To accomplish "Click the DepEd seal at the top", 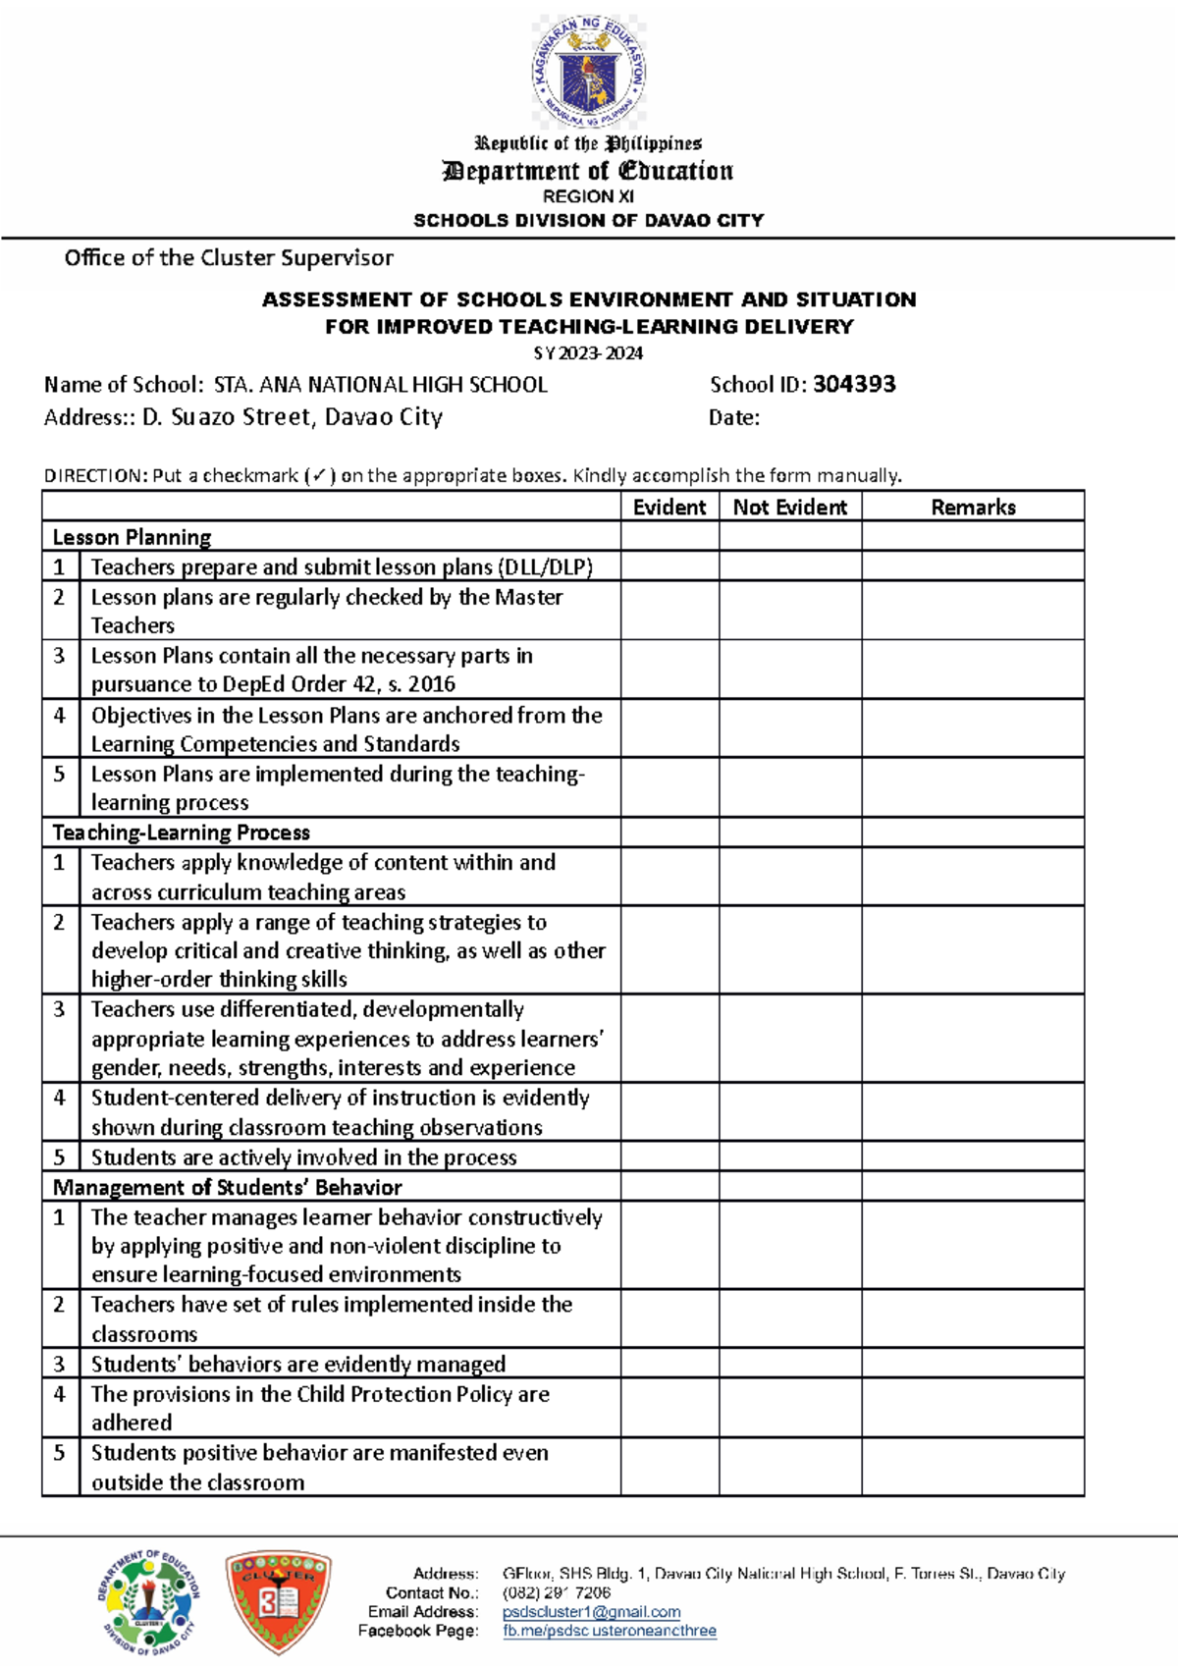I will pyautogui.click(x=589, y=71).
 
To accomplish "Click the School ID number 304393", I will pyautogui.click(x=854, y=385).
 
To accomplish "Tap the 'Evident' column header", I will pyautogui.click(x=669, y=507).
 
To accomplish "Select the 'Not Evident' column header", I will pyautogui.click(x=790, y=507).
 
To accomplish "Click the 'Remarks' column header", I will pyautogui.click(x=973, y=507).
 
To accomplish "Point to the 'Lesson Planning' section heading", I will pyautogui.click(x=133, y=537).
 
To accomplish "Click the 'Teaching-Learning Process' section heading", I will pyautogui.click(x=182, y=833).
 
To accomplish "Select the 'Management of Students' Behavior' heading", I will pyautogui.click(x=228, y=1187).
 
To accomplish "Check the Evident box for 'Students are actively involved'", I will pyautogui.click(x=669, y=1156).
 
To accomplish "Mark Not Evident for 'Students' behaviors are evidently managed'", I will pyautogui.click(x=790, y=1364).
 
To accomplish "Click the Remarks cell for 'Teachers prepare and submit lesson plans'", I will pyautogui.click(x=973, y=566).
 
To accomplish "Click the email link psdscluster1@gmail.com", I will pyautogui.click(x=591, y=1612).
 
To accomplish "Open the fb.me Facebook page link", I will pyautogui.click(x=609, y=1631).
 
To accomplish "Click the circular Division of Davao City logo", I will pyautogui.click(x=148, y=1602).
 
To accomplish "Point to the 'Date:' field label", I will pyautogui.click(x=734, y=418).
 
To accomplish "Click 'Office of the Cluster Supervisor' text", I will pyautogui.click(x=229, y=258).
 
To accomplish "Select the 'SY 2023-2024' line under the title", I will pyautogui.click(x=588, y=353).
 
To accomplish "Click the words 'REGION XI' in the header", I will pyautogui.click(x=588, y=196).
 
